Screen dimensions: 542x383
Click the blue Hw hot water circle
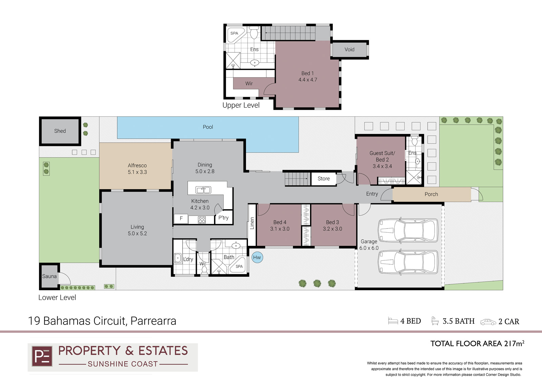[257, 257]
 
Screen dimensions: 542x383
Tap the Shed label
[60, 131]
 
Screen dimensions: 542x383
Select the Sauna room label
[49, 276]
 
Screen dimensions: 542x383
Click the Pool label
[208, 127]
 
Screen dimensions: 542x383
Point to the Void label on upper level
[349, 49]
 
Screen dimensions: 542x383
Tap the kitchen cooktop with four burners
[202, 220]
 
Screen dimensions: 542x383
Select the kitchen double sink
[203, 190]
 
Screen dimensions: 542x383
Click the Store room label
[324, 178]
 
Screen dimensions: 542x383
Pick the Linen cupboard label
[252, 223]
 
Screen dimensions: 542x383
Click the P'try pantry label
[223, 218]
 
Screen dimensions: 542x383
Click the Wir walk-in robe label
[249, 84]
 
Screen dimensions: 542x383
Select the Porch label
[431, 194]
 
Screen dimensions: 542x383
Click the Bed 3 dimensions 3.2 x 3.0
[332, 229]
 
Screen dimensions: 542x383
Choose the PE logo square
[42, 356]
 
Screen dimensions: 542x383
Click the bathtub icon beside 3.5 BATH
[435, 321]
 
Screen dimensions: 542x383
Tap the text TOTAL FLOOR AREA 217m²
[477, 344]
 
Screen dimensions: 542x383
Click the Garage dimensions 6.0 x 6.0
[369, 248]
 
